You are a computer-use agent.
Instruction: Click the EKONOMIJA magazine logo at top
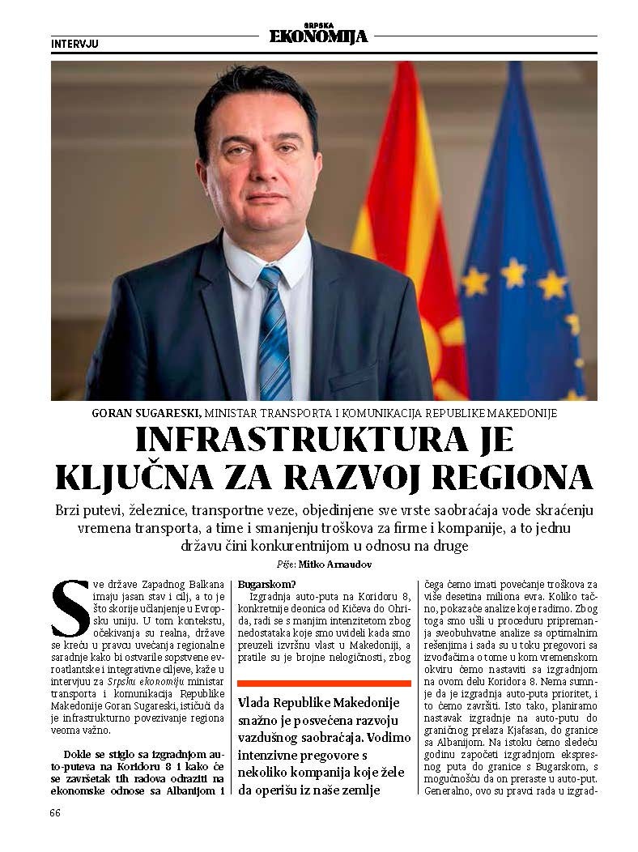(317, 35)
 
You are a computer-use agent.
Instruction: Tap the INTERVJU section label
(74, 43)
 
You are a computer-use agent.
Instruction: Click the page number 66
(55, 812)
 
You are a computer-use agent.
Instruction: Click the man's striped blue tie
(274, 332)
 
